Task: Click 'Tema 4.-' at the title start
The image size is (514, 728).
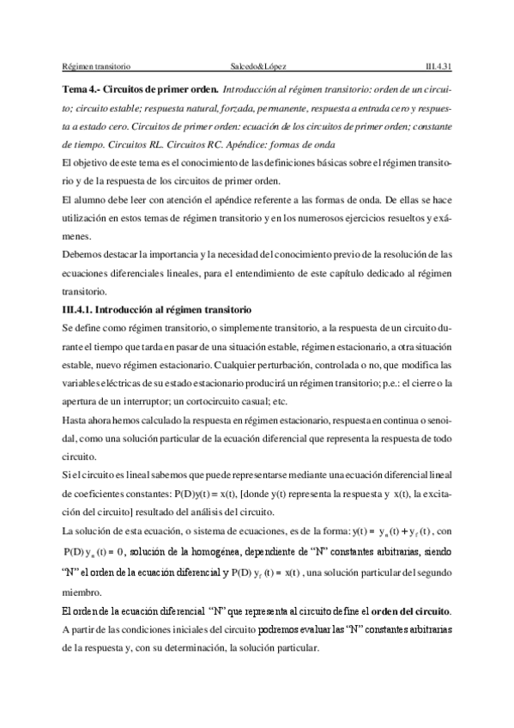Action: [x=82, y=89]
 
